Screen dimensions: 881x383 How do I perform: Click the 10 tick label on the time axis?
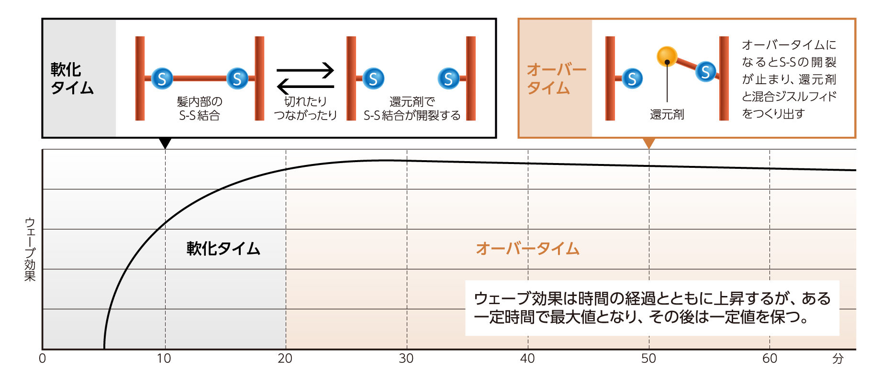tap(164, 359)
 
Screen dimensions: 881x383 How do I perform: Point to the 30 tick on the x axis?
tap(406, 359)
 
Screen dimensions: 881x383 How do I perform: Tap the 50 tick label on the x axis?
tap(648, 359)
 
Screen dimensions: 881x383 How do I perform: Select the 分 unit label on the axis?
tap(837, 359)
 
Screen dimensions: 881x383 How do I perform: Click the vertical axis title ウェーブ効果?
tap(30, 249)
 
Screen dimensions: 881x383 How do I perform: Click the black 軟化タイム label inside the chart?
tap(223, 249)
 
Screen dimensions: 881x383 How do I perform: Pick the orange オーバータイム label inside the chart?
tap(528, 249)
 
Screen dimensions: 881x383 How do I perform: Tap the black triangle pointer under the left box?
tap(165, 143)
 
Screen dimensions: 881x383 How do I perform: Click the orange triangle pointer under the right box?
tap(649, 143)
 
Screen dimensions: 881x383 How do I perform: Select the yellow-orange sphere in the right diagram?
tap(667, 56)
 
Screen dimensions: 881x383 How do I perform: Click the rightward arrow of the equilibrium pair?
tap(305, 70)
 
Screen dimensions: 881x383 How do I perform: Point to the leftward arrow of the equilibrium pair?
tap(305, 87)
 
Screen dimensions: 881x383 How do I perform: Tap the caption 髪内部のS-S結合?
tap(200, 109)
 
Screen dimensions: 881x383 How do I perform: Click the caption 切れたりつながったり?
tap(305, 109)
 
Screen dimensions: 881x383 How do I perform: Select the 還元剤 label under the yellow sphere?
tap(667, 115)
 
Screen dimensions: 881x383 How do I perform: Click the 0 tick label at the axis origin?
tap(43, 359)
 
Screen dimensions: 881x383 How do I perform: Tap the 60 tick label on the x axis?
tap(769, 359)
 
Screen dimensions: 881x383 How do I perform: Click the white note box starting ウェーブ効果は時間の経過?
tap(652, 308)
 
